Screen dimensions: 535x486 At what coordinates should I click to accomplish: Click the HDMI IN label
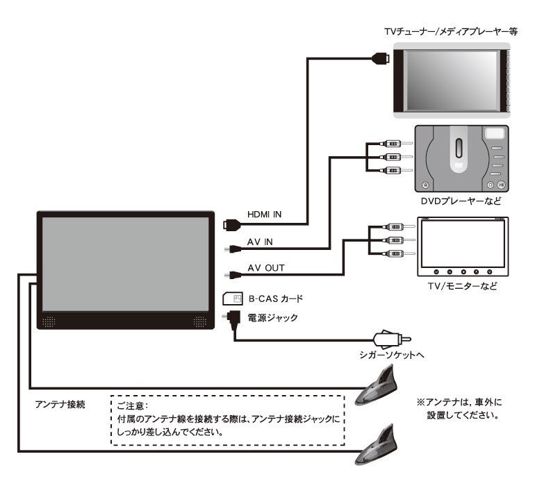265,214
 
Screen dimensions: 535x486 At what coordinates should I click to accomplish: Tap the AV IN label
260,242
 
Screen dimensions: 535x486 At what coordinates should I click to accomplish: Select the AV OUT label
266,268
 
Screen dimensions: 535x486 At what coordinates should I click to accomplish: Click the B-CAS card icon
233,299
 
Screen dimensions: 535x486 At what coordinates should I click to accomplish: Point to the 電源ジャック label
272,318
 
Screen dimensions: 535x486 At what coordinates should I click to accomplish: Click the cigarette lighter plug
393,339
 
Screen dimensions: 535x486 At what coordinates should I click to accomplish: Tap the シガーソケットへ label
392,355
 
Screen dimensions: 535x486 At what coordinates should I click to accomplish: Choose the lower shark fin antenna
377,445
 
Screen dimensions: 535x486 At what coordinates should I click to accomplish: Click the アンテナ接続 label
60,405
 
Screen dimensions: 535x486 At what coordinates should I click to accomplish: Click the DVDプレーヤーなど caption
461,201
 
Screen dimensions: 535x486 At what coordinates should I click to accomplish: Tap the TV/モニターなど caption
462,286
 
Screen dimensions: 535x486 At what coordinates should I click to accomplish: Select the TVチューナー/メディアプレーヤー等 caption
451,32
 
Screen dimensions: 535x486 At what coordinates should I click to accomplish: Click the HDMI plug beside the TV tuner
381,58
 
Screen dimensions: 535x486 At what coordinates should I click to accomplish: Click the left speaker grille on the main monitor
49,321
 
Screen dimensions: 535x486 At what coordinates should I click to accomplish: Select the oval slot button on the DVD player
459,148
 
